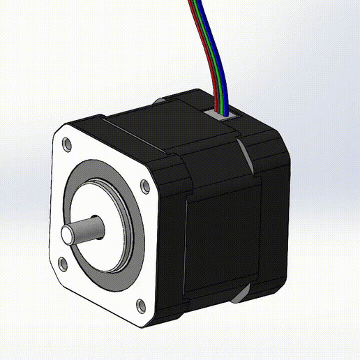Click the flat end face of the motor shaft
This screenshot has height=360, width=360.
(x=68, y=235)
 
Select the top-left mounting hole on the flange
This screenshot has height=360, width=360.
(x=66, y=144)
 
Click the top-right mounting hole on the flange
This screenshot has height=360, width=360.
(x=144, y=186)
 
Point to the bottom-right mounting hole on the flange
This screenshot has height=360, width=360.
(x=139, y=305)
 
